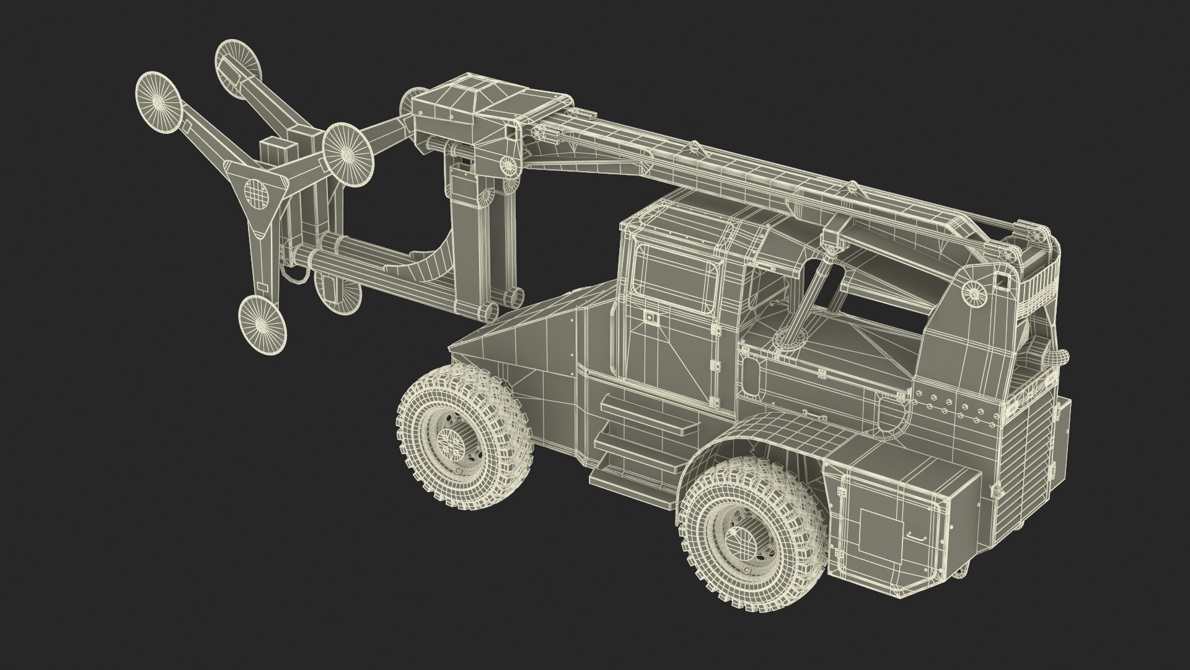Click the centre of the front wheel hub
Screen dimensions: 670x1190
click(452, 440)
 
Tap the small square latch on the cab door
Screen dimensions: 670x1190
click(650, 318)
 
